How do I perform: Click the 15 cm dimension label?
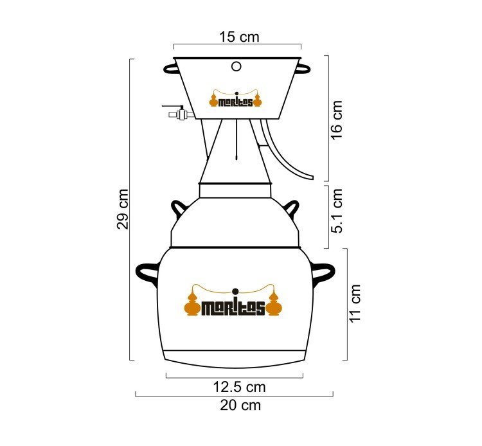[239, 37]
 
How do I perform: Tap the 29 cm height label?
[122, 209]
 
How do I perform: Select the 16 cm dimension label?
[336, 120]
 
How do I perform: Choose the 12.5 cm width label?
[239, 387]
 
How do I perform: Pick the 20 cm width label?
[240, 405]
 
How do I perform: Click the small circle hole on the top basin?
[236, 66]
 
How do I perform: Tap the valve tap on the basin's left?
[178, 112]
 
